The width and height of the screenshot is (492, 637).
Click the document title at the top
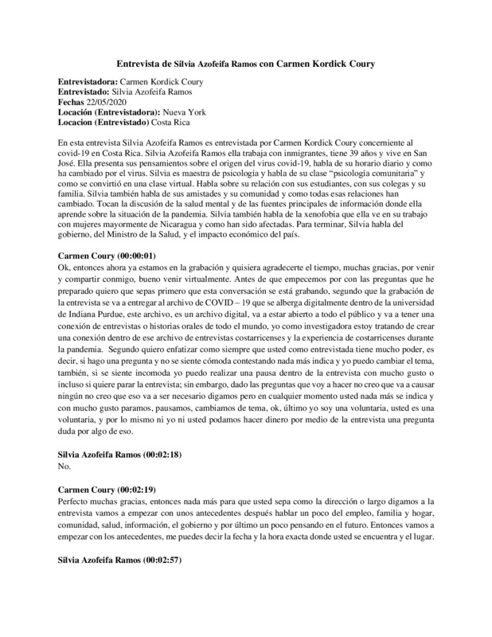tap(246, 62)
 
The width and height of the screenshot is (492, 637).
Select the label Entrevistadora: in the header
tap(88, 81)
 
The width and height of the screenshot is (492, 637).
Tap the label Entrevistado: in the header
tap(85, 92)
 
